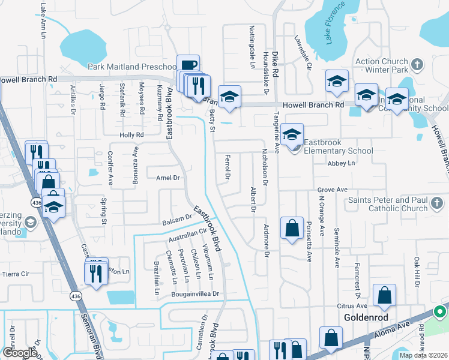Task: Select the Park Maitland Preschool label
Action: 132,67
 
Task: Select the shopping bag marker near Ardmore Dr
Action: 291,228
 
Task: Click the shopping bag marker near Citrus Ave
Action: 384,295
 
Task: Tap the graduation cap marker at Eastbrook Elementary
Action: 291,134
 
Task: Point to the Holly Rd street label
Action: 132,135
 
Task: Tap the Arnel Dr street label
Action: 168,178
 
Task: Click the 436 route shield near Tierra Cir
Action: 75,296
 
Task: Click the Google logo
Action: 20,353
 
